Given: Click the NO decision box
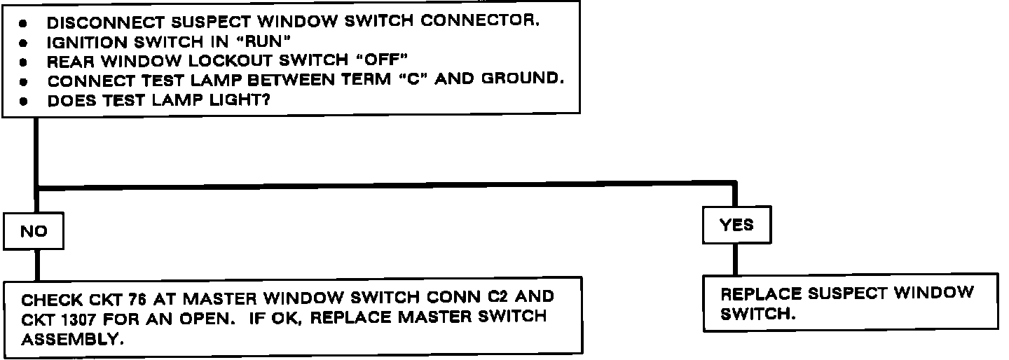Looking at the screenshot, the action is [x=34, y=232].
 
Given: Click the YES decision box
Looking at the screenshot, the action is [x=736, y=225].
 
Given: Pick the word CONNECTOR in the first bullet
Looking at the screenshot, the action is [x=481, y=22].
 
